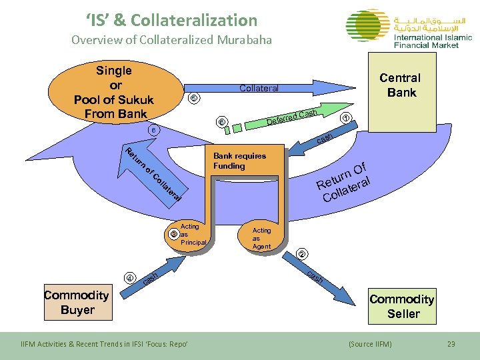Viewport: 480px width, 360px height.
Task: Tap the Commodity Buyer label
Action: coord(77,302)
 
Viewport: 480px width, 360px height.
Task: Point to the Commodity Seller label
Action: coord(402,306)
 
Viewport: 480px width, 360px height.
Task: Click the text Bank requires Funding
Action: coord(239,161)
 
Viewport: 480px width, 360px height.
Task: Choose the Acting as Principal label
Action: coord(191,235)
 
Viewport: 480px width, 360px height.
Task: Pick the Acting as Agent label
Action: coord(261,238)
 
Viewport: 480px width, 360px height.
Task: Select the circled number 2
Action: coord(302,254)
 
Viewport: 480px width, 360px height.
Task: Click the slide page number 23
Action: coord(451,343)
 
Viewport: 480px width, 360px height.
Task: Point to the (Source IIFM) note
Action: coord(370,343)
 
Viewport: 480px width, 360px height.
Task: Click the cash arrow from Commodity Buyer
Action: coord(150,278)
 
